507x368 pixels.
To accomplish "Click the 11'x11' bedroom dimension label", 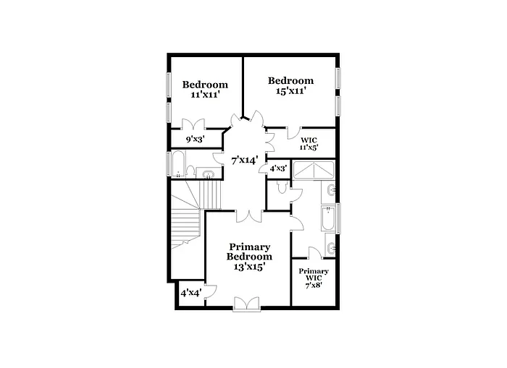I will [204, 95].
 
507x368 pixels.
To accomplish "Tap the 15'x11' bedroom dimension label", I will [290, 91].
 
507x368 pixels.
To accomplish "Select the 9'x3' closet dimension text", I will [195, 139].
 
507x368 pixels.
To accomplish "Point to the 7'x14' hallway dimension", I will [245, 160].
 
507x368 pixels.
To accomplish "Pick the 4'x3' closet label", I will [278, 168].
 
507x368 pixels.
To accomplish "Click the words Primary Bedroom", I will [249, 252].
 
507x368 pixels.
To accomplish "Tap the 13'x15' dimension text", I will [249, 266].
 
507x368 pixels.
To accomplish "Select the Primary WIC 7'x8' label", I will [314, 278].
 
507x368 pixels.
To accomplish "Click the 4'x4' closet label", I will [190, 293].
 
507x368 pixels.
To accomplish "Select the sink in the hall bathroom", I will [208, 174].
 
